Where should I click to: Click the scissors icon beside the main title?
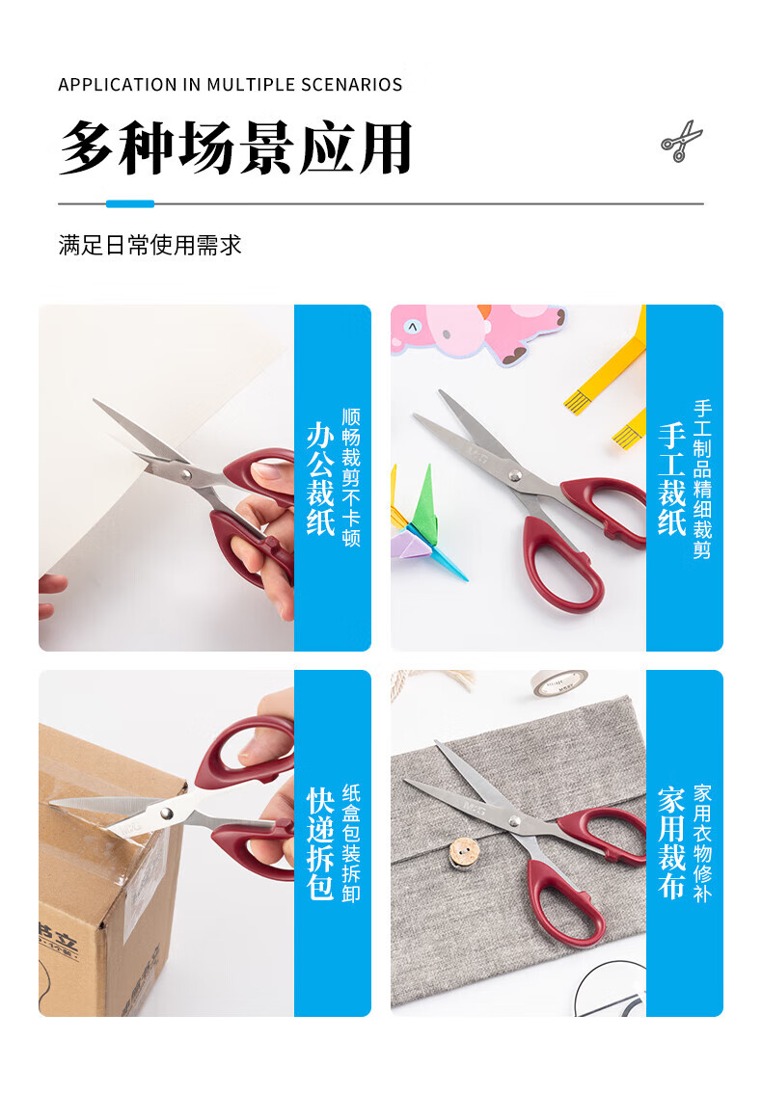point(681,141)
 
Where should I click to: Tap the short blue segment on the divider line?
point(130,203)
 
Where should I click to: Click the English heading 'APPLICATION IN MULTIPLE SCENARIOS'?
point(231,85)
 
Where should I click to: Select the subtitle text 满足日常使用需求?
point(150,245)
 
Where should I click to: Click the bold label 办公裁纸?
point(320,479)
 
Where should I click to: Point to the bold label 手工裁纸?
point(672,479)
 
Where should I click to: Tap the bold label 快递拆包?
point(320,843)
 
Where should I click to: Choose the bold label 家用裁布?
point(672,843)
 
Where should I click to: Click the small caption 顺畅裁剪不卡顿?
point(351,478)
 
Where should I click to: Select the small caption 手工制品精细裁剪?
point(702,479)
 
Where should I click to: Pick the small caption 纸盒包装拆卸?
point(351,843)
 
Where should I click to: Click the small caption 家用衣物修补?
point(702,843)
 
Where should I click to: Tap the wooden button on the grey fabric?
point(464,854)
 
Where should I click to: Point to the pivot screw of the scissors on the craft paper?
point(515,476)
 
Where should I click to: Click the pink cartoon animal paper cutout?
point(482,333)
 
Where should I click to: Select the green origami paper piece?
point(424,502)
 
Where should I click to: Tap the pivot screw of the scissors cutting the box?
point(166,814)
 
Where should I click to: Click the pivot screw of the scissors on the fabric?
point(513,821)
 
